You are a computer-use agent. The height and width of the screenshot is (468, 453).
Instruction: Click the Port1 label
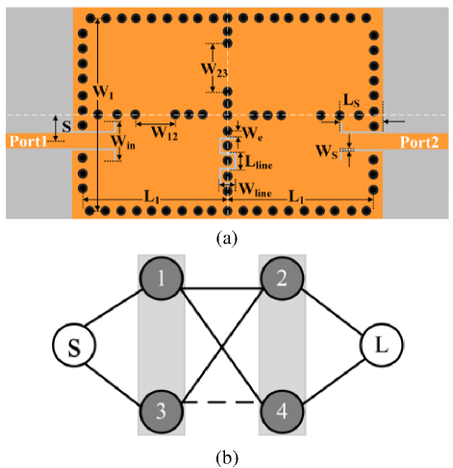coord(29,142)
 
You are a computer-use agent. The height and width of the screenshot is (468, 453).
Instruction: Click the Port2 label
coord(419,143)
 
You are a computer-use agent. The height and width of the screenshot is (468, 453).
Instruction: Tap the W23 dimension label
coord(214,70)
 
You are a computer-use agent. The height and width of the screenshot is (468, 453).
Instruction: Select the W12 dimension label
coord(164,133)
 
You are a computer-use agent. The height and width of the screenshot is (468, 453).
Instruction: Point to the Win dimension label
coord(123,143)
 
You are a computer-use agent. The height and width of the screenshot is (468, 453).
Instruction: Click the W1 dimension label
coord(103,92)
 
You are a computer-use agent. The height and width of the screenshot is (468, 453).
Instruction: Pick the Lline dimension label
coord(259,162)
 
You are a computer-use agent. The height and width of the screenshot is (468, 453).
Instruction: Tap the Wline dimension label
coord(256,190)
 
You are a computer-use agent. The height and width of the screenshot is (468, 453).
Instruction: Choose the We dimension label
coord(253,133)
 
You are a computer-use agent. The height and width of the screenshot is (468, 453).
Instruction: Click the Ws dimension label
coord(327,151)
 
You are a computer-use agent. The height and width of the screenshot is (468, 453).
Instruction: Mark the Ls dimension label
coord(351,100)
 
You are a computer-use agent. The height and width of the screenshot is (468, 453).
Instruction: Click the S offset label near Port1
coord(66,126)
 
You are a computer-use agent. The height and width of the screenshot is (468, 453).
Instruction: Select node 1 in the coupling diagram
coord(162,278)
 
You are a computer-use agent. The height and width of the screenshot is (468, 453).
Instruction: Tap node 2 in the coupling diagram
coord(282,278)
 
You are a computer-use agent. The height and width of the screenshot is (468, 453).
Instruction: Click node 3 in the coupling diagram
coord(162,411)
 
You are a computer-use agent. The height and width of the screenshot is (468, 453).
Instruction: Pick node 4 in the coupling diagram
coord(282,411)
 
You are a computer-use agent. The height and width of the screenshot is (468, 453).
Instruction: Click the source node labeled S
coord(74,345)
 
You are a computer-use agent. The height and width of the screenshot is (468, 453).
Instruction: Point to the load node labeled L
coord(382,345)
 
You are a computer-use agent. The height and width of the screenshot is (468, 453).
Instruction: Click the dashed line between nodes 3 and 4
coord(222,402)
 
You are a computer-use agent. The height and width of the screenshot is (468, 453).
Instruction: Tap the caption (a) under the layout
coord(227,238)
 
